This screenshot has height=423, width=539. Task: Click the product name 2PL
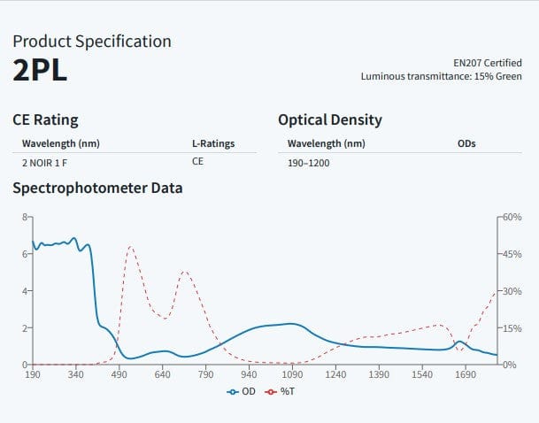pos(40,71)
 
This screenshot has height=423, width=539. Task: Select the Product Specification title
pos(92,41)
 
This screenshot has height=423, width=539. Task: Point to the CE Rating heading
pos(45,119)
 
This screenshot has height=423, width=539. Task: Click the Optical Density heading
pos(330,119)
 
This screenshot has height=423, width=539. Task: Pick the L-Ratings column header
pos(213,143)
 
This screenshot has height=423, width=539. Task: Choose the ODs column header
pos(466,143)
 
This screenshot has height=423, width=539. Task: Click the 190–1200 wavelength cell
pos(308,163)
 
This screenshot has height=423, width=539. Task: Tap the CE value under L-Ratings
pos(197,162)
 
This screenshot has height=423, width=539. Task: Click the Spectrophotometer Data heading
pos(97,188)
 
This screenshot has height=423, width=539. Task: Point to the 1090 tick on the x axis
pos(292,375)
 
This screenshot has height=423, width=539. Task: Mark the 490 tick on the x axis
pos(119,375)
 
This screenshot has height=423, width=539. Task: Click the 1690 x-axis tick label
pos(466,375)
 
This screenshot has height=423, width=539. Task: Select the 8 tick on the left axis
pos(25,217)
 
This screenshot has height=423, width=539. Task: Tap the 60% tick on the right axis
pos(513,217)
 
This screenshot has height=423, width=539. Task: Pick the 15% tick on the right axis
pos(513,328)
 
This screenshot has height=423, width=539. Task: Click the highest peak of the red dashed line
pos(130,247)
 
